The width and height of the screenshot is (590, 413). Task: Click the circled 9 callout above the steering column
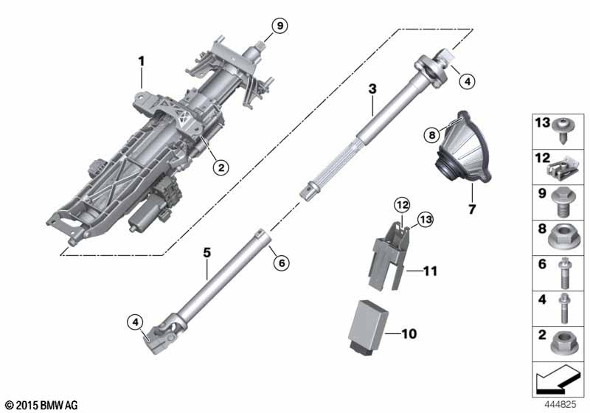pyautogui.click(x=278, y=27)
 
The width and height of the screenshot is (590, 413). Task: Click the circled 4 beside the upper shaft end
pyautogui.click(x=465, y=82)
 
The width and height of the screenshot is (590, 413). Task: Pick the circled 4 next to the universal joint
pyautogui.click(x=134, y=322)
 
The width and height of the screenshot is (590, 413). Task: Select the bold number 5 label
pyautogui.click(x=207, y=253)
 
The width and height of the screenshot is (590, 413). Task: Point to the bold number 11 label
pyautogui.click(x=429, y=271)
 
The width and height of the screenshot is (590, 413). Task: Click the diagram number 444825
pyautogui.click(x=560, y=404)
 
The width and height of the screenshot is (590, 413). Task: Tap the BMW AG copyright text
pyautogui.click(x=41, y=405)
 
